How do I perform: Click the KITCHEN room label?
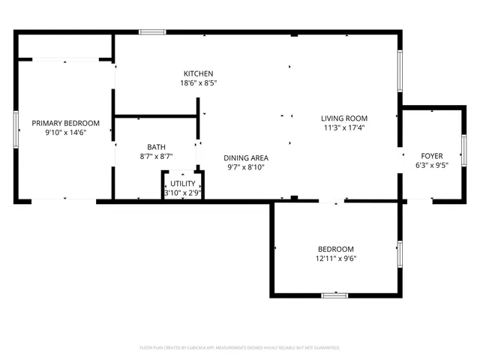pos(199,73)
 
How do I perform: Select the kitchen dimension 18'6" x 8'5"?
pos(199,83)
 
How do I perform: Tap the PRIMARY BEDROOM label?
pos(65,123)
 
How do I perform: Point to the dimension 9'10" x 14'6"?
pos(65,133)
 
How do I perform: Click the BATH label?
pos(156,147)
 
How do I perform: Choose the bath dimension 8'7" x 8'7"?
pos(156,157)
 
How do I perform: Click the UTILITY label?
pos(182,183)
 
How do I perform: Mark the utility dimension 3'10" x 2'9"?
pos(182,193)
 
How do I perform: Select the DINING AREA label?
pos(246,157)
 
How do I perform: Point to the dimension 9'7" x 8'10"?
pos(246,167)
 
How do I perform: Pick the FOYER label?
pos(431,156)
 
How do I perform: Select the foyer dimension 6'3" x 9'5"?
pos(431,166)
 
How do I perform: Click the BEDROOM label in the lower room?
pos(335,249)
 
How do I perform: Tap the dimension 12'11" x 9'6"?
pos(335,259)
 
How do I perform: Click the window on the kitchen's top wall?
pos(152,32)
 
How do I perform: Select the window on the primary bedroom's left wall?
pos(16,128)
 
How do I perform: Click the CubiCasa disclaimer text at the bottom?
pos(240,348)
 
